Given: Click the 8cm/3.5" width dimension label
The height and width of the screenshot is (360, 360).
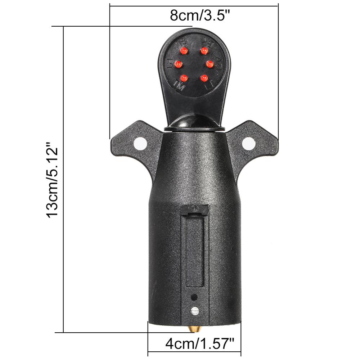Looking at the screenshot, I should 200,16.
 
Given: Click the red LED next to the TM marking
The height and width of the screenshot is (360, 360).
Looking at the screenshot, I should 184,78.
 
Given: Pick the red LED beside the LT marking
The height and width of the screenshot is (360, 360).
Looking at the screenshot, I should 204,77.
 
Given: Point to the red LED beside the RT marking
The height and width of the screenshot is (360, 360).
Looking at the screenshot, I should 178,64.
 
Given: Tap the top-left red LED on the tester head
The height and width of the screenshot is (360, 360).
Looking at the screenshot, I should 184,50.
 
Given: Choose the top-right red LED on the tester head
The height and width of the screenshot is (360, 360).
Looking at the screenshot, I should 204,50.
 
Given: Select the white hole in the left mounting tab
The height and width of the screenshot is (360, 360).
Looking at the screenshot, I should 140,143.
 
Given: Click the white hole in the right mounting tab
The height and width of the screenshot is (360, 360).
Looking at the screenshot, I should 248,143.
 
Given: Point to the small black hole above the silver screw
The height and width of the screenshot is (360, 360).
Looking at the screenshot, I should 194,297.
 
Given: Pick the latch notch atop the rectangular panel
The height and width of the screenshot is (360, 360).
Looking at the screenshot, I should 195,210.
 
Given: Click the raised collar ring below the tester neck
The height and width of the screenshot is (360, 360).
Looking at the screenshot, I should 194,129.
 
